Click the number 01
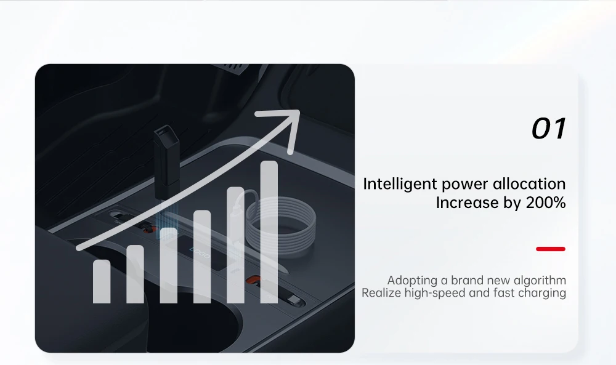click(548, 129)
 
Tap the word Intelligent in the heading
click(400, 185)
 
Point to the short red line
click(551, 249)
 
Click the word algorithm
click(540, 281)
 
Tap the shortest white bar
click(102, 281)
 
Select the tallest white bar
click(269, 232)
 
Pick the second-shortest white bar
click(135, 274)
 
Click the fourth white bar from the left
click(202, 256)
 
